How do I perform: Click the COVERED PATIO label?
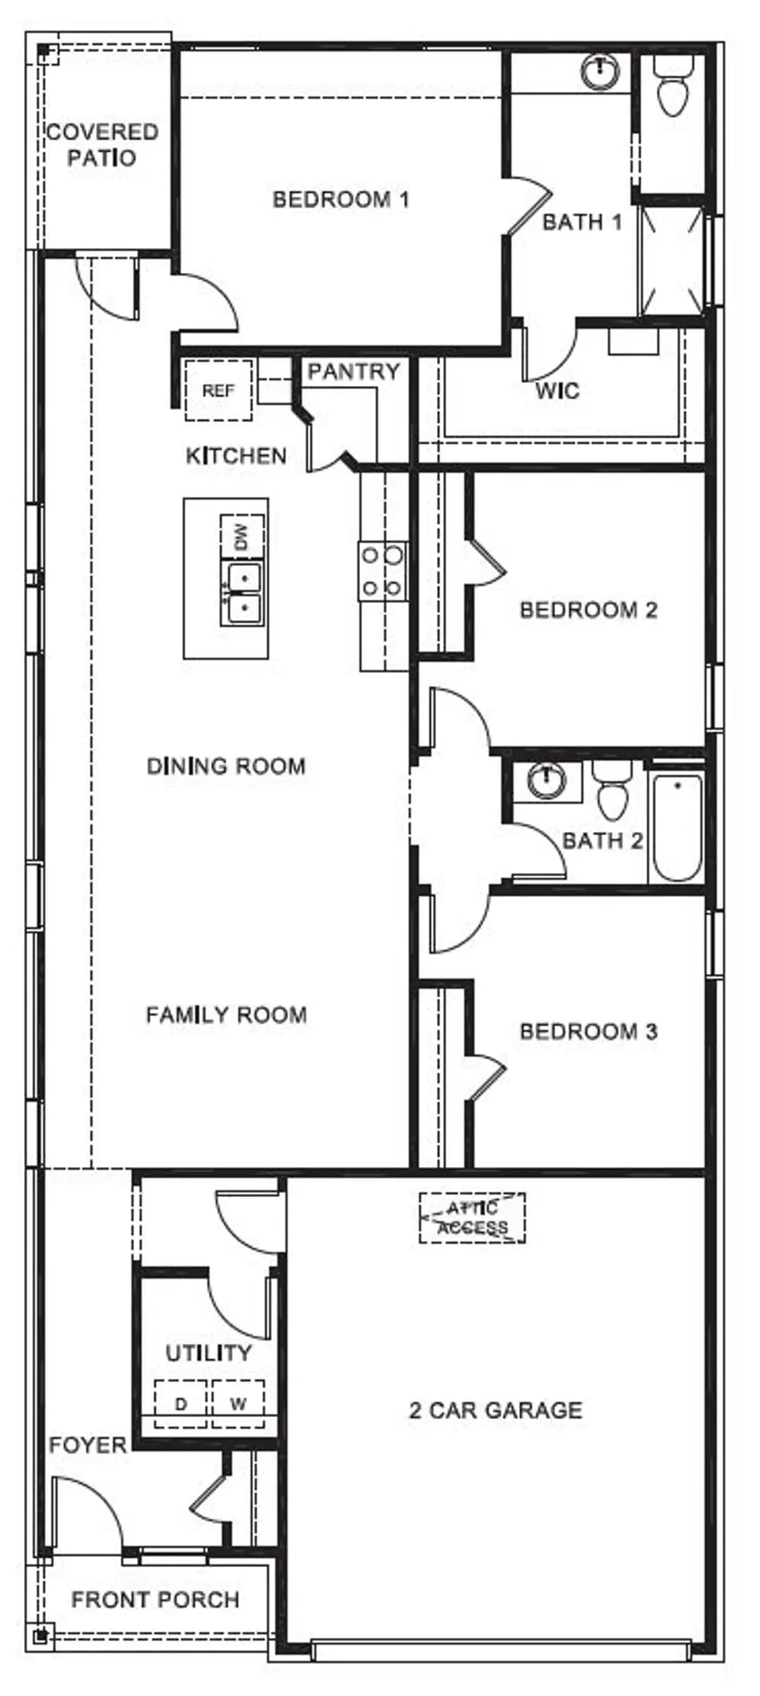tap(102, 145)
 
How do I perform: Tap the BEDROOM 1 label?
tap(340, 200)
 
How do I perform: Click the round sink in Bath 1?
tap(600, 72)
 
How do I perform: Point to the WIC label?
tap(557, 390)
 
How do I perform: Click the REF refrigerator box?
tap(218, 390)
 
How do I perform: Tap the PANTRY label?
tap(353, 372)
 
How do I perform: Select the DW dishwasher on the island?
tap(242, 537)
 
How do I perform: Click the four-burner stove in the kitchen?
tap(383, 571)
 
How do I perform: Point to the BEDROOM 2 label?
tap(588, 609)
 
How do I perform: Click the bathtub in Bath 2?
tap(676, 827)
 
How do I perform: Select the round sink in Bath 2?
tap(546, 780)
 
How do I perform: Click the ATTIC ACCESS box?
tap(472, 1217)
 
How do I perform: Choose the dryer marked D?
tap(181, 1404)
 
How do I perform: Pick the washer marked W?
tap(238, 1404)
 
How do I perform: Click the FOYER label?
tap(87, 1445)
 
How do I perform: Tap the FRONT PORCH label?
tap(155, 1599)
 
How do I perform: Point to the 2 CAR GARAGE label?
tap(496, 1410)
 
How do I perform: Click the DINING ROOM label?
tap(226, 767)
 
